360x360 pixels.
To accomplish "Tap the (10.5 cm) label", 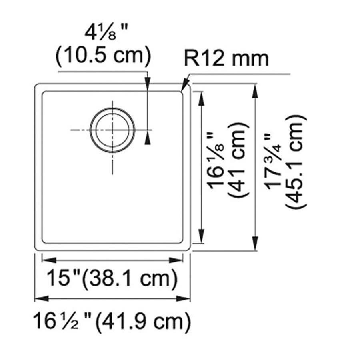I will coord(103,56).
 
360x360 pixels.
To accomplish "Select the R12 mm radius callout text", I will coord(226,58).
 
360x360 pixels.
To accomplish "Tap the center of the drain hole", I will coord(112,130).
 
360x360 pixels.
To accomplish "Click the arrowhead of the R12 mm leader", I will coord(185,87).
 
